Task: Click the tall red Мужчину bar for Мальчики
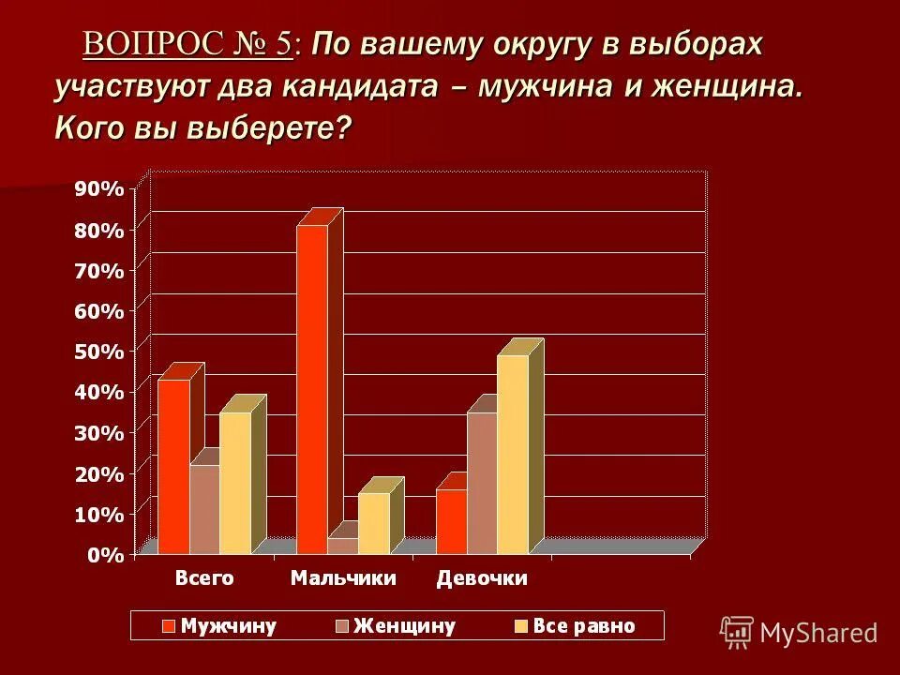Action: (312, 389)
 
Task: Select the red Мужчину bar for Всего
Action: (173, 466)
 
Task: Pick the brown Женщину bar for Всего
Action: (204, 509)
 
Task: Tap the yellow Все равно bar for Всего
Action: (235, 483)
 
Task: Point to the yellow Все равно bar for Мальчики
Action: (373, 523)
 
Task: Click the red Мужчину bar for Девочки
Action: (451, 521)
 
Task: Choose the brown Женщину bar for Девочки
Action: (482, 483)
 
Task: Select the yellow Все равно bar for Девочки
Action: (513, 454)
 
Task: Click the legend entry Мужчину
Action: (219, 626)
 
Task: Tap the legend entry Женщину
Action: (395, 626)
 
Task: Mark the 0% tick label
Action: (104, 555)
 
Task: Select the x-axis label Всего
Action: (204, 578)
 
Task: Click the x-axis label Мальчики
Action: (343, 578)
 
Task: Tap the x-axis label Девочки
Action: (482, 578)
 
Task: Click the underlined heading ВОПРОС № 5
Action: (187, 44)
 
